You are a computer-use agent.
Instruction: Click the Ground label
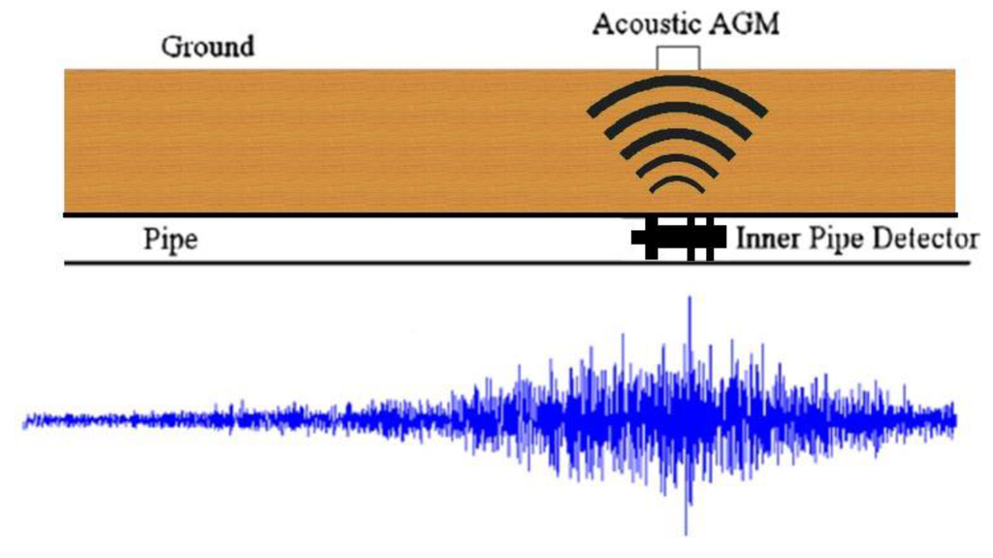click(208, 47)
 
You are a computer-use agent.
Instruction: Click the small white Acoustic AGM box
click(677, 58)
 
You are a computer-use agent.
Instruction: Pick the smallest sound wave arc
click(677, 181)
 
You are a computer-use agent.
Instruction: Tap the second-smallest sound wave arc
click(677, 160)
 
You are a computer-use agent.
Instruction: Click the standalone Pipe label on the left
click(171, 239)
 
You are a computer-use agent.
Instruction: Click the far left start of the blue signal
click(25, 420)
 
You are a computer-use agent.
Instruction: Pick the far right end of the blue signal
click(955, 419)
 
